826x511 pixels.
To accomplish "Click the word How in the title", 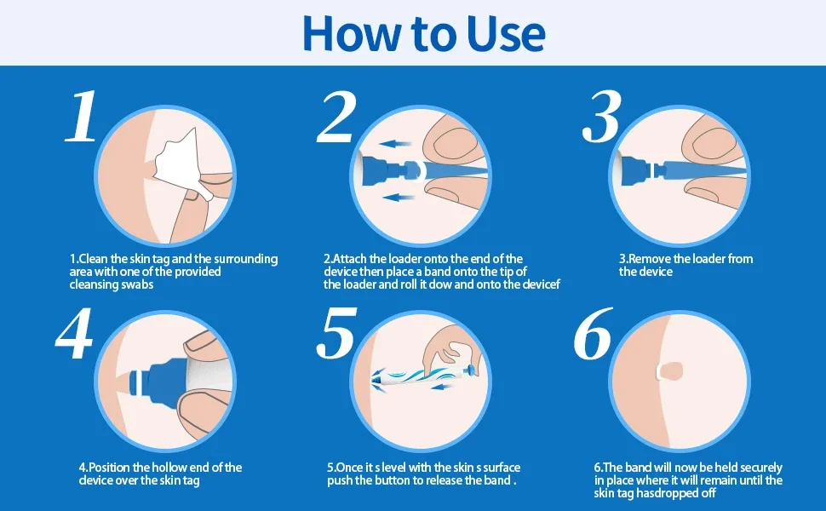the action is [x=352, y=34].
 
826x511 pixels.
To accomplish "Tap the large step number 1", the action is [x=83, y=116].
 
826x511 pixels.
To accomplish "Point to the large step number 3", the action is [x=602, y=117].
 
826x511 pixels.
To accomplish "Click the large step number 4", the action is [x=74, y=334].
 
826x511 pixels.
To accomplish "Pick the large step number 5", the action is [x=336, y=334].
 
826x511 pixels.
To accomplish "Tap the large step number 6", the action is [x=594, y=334].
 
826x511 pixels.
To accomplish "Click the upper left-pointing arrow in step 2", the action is [x=395, y=143].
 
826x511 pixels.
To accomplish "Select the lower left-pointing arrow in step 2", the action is [x=399, y=198].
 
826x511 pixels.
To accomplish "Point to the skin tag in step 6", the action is [x=670, y=370].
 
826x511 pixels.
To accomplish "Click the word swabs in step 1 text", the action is [x=137, y=284].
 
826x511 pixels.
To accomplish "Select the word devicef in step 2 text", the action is [x=541, y=284].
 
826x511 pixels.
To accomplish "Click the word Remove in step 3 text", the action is [x=650, y=259].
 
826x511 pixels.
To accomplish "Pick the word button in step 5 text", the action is [x=393, y=480].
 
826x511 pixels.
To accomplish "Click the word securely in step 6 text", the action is [x=761, y=468].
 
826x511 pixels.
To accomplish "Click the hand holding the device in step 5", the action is [x=450, y=347].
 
